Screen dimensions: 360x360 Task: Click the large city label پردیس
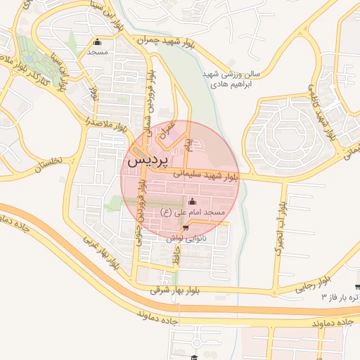coord(148,160)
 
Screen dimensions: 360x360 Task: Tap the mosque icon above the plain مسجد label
coord(97,41)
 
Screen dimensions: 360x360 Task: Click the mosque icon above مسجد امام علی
coord(192,202)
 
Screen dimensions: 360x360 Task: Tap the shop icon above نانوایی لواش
coord(185,228)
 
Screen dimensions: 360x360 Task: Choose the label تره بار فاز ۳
coord(339,297)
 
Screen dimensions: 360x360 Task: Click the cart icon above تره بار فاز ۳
coord(357,286)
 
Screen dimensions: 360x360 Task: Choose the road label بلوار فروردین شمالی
coord(150,91)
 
